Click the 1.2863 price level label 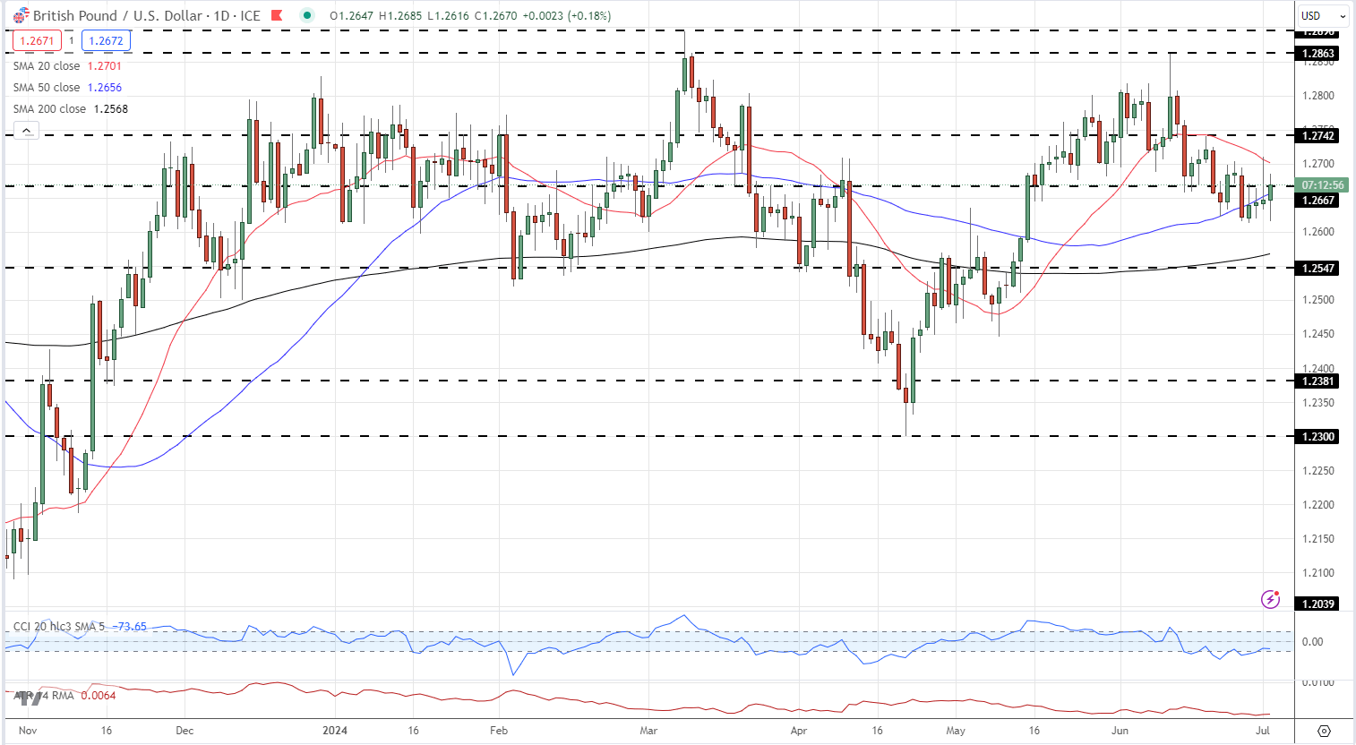1317,54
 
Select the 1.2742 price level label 1317,136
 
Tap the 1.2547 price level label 1317,269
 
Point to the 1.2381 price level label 1317,381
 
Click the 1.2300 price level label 1317,437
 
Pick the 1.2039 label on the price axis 1317,604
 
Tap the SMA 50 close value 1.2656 105,88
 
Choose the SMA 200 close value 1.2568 111,109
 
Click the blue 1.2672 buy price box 107,41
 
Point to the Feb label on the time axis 499,731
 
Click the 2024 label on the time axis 334,731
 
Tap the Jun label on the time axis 1120,731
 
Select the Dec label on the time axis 185,731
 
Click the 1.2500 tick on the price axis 1317,300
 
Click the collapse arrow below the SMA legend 27,131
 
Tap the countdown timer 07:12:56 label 1322,185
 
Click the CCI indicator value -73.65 132,627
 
